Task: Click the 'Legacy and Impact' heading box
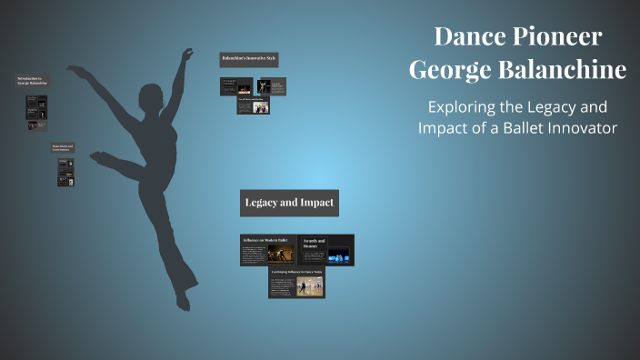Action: pyautogui.click(x=289, y=203)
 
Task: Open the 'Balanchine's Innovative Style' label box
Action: pyautogui.click(x=249, y=60)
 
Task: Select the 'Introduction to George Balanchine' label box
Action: pyautogui.click(x=31, y=81)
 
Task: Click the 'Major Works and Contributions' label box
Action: pyautogui.click(x=63, y=147)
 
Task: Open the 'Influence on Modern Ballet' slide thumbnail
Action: pyautogui.click(x=267, y=250)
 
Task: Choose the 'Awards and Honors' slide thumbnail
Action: pyautogui.click(x=325, y=250)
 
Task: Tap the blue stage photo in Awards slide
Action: pyautogui.click(x=338, y=257)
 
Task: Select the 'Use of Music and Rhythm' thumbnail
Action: pyautogui.click(x=254, y=105)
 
